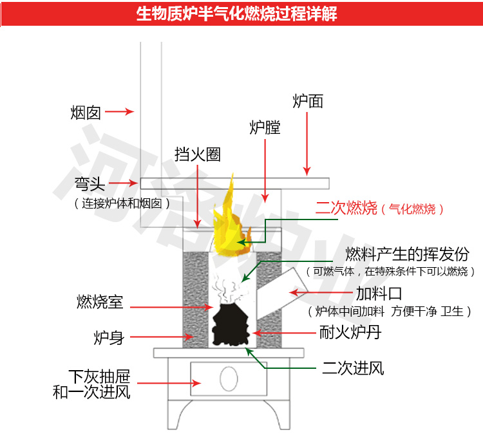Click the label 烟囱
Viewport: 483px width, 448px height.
coord(86,113)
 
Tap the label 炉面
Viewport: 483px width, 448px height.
coord(308,101)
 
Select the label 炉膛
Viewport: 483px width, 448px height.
coord(265,127)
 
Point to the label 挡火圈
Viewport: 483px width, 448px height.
coord(198,154)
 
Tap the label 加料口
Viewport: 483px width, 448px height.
coord(379,294)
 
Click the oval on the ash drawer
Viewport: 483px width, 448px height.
coord(228,378)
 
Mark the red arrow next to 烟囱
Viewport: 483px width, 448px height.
coord(119,112)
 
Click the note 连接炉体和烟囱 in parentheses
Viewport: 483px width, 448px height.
coord(122,203)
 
